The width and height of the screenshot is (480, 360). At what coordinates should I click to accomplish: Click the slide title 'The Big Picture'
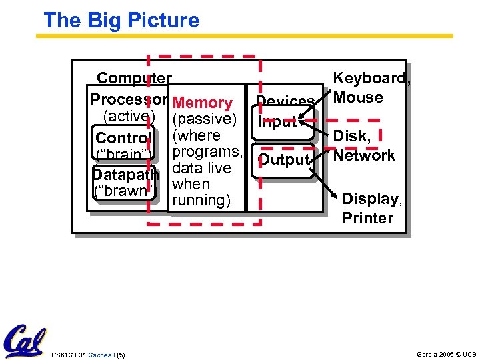click(121, 20)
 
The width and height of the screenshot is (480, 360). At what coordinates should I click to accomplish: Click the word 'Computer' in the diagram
click(134, 79)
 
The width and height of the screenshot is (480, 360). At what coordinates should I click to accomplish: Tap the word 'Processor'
click(128, 99)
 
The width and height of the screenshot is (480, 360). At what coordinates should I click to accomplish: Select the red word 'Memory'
click(202, 103)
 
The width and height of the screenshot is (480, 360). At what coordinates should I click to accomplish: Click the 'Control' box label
click(124, 138)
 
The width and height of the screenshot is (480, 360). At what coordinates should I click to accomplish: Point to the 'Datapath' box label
click(124, 175)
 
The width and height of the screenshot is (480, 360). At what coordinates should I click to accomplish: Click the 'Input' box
click(277, 122)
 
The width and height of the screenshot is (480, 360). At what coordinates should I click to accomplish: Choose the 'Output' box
click(284, 160)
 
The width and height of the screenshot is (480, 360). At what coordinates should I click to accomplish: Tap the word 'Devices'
click(285, 101)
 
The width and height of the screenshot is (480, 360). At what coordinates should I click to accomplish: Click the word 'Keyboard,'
click(372, 79)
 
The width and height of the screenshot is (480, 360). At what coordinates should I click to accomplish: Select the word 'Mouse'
click(358, 97)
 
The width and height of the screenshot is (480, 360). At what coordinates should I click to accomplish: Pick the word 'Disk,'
click(351, 136)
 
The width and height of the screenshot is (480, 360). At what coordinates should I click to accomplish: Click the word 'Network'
click(364, 155)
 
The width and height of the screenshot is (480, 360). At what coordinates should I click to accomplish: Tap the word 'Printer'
click(368, 217)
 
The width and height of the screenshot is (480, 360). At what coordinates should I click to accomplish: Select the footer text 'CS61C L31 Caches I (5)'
click(88, 353)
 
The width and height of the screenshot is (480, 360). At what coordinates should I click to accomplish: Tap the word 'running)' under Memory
click(200, 200)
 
